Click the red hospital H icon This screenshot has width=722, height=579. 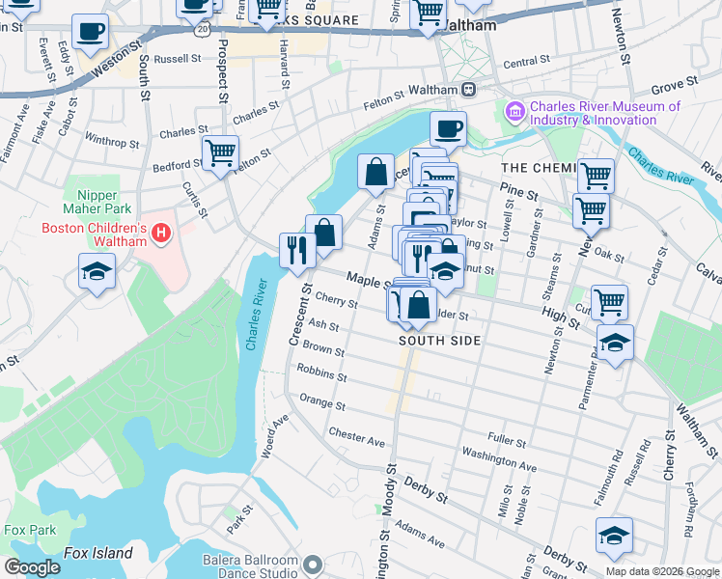[x=162, y=234]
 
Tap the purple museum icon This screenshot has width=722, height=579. [x=514, y=114]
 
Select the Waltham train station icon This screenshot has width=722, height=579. [x=468, y=90]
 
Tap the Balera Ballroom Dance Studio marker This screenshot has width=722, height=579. [x=312, y=563]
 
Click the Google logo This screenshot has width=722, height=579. [x=32, y=567]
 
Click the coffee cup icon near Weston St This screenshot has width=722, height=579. [x=90, y=32]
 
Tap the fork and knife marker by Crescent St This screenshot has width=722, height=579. [x=297, y=250]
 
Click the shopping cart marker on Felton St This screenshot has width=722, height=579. [x=220, y=152]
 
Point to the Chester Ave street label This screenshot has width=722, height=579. [x=356, y=436]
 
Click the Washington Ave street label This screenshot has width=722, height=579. [x=498, y=459]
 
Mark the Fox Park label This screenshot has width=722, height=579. [x=29, y=530]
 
